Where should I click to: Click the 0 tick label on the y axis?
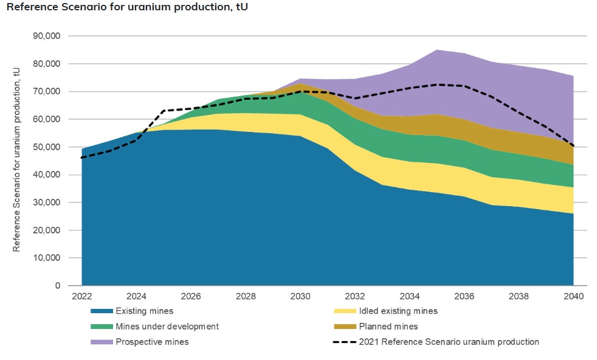[58, 286]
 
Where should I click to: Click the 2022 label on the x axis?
[81, 297]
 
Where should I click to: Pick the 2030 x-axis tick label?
[300, 297]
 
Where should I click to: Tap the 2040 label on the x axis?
[573, 297]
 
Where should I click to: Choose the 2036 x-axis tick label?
[464, 297]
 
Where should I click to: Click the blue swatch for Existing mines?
[100, 311]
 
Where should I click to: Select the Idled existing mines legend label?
[398, 311]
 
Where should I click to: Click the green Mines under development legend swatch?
[100, 327]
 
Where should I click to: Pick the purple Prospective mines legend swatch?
[100, 342]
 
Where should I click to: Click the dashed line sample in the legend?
[343, 342]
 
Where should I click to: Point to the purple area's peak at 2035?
[437, 50]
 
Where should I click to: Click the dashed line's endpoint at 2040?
[573, 146]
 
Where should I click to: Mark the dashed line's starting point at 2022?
[81, 157]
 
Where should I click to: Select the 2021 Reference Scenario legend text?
[449, 342]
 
